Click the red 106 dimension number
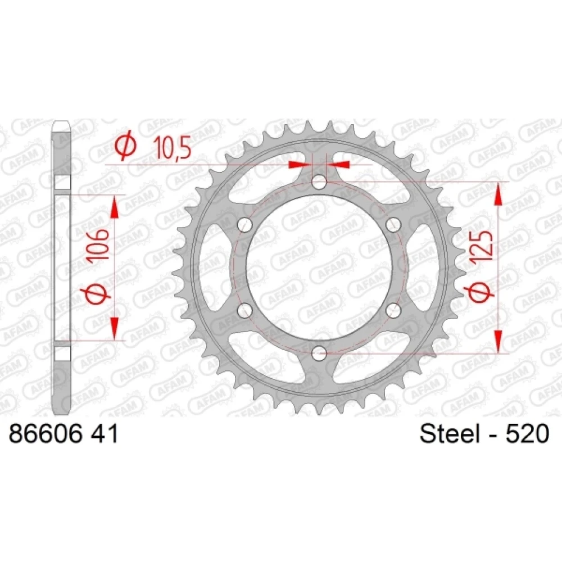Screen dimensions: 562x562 coord(98,245)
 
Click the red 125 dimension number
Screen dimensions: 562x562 coord(483,248)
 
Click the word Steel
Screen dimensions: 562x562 coord(450,433)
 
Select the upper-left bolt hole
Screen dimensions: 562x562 coord(245,225)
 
